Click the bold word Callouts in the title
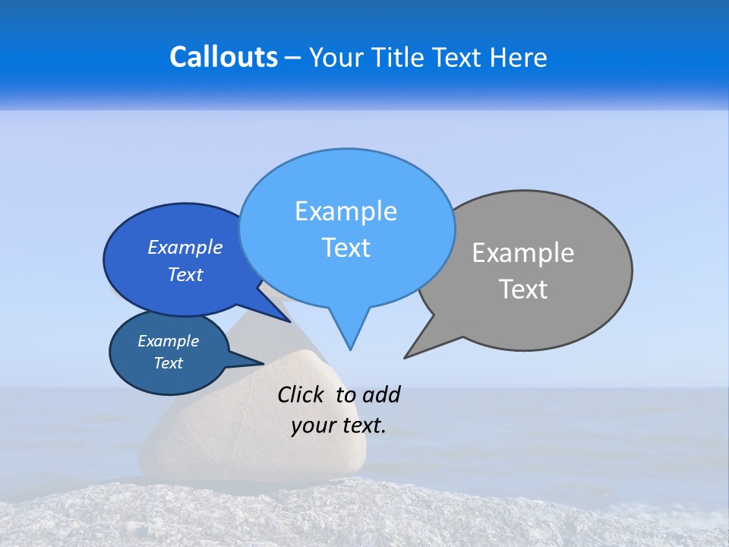[224, 57]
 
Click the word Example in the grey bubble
[523, 253]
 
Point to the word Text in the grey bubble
[524, 289]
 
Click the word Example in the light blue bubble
[346, 211]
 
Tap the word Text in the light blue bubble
[346, 248]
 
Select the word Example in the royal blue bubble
[185, 247]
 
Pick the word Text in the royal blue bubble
[185, 274]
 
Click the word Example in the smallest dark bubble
[169, 341]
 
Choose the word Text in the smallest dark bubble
[169, 363]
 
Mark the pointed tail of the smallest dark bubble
[259, 362]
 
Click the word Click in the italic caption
[300, 394]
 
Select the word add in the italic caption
[381, 394]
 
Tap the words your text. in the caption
[339, 425]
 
